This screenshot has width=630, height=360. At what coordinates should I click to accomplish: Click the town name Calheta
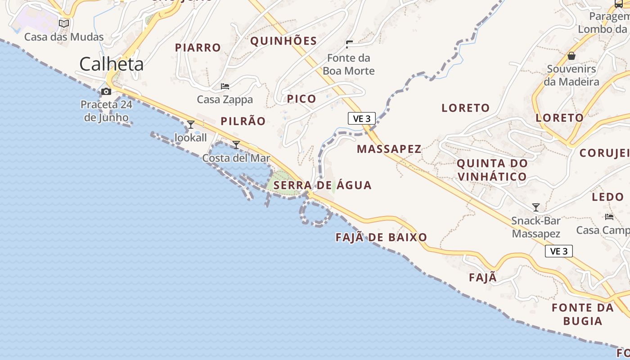[112, 64]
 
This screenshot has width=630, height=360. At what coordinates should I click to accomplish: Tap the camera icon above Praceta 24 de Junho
[106, 92]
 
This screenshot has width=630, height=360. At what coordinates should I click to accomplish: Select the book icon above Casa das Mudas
[64, 23]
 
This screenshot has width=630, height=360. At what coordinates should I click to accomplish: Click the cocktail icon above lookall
[191, 124]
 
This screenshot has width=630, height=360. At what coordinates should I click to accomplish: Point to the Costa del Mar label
[236, 158]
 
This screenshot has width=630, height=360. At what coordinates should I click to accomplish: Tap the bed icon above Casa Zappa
[225, 86]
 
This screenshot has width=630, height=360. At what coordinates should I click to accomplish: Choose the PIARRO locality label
[198, 48]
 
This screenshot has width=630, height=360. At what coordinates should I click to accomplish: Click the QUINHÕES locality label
[283, 41]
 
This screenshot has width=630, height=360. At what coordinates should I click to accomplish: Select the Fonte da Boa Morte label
[349, 64]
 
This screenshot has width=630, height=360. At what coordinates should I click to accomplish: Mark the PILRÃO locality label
[243, 121]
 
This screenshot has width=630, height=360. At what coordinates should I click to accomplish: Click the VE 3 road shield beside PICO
[362, 118]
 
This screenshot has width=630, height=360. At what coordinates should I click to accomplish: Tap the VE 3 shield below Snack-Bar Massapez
[559, 251]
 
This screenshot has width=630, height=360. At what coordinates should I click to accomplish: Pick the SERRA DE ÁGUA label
[323, 185]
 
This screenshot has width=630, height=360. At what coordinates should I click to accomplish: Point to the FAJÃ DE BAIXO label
[381, 238]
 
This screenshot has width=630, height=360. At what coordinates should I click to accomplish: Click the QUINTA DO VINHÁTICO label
[492, 170]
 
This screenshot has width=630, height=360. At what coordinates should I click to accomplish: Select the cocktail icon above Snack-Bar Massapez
[535, 207]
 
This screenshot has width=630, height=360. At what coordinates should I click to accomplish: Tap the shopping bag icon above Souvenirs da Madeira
[571, 56]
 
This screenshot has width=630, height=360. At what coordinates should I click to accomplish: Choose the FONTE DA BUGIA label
[583, 314]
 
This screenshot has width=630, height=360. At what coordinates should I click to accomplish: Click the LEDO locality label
[607, 197]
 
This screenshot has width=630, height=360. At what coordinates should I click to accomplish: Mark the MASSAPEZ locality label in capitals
[389, 149]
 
